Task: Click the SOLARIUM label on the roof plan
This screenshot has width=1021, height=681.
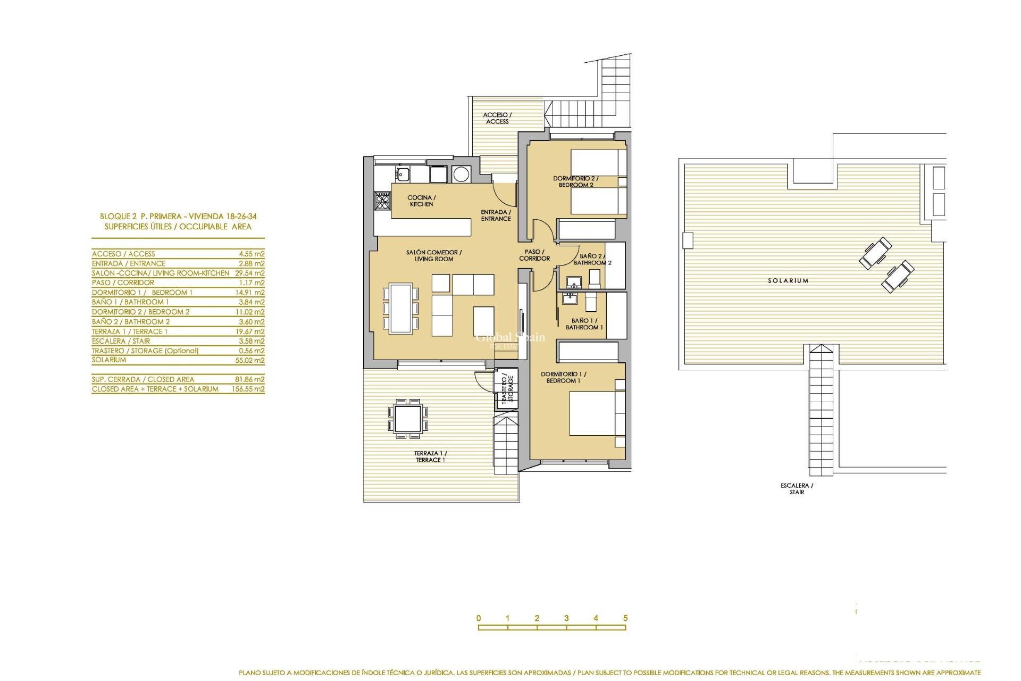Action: tap(788, 280)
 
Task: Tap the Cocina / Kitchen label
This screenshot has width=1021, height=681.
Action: tap(421, 201)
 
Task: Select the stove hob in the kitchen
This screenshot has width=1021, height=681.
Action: tap(382, 201)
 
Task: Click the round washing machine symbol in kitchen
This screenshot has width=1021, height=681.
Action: tap(461, 174)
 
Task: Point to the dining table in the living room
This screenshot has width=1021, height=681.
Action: tap(400, 309)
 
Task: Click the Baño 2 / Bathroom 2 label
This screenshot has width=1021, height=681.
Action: tap(592, 259)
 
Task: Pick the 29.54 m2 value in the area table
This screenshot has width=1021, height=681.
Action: tap(249, 273)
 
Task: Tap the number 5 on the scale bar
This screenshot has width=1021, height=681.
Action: tap(625, 618)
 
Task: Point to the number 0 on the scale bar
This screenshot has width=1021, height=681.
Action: tap(479, 618)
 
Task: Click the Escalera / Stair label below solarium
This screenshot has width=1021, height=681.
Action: tap(797, 488)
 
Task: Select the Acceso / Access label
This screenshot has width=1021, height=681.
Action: tap(497, 118)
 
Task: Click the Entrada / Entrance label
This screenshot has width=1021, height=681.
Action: tap(496, 215)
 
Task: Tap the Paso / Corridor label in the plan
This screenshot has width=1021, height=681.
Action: tap(534, 255)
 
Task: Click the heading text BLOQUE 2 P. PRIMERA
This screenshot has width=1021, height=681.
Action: tap(178, 217)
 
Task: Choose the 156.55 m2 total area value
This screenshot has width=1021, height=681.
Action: tap(248, 389)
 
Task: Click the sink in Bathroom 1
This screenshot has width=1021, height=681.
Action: tap(570, 298)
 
